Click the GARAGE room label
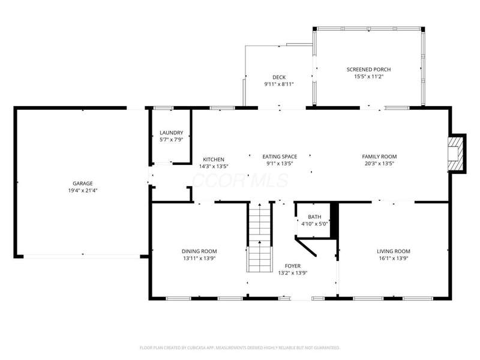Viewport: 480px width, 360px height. point(83,184)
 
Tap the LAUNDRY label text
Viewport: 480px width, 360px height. point(172,133)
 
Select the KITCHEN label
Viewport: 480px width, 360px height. point(214,160)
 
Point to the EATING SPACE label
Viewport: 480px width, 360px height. point(280,157)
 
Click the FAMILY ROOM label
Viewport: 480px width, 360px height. point(379,157)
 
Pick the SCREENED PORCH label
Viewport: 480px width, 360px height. point(368,70)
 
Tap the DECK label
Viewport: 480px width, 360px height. point(279,77)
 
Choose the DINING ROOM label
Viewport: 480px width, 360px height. point(199,251)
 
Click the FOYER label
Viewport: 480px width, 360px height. point(293,266)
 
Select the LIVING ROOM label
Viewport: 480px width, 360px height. point(394,251)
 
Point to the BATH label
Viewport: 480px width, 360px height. point(314,217)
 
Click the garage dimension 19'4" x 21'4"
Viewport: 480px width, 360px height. point(83,190)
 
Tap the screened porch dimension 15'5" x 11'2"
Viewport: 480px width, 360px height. point(368,77)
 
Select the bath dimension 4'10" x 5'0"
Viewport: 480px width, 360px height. point(314,224)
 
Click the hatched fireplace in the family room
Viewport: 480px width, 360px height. point(455,153)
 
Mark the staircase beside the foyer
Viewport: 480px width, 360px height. point(260,237)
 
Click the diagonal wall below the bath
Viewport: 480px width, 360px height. point(305,247)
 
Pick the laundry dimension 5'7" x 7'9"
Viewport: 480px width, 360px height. point(172,140)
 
